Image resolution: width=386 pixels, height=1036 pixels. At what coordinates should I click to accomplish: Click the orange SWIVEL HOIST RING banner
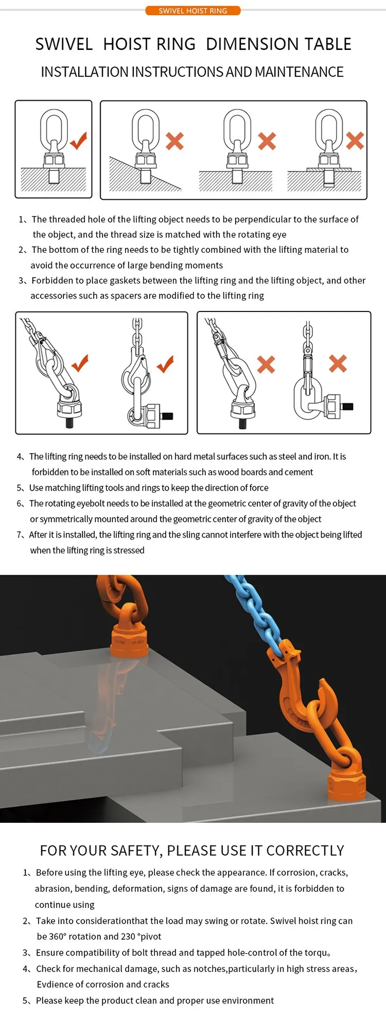click(192, 10)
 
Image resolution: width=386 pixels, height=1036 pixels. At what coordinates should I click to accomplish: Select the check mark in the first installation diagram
click(78, 140)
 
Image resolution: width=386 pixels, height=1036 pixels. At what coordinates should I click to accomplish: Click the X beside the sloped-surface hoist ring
click(175, 141)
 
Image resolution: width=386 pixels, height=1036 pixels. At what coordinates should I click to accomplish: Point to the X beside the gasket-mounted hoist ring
click(355, 141)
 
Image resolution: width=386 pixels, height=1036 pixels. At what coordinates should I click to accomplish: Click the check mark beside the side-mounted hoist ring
click(165, 364)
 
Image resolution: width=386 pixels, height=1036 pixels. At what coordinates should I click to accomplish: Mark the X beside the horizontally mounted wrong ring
click(338, 364)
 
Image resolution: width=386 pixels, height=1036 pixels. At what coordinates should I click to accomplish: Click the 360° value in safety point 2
click(58, 937)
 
